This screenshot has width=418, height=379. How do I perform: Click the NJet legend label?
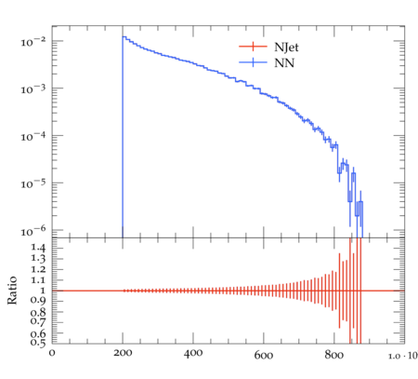tap(286, 47)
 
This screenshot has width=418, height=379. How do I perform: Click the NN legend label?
tap(284, 63)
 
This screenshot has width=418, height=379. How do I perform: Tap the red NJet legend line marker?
tap(253, 47)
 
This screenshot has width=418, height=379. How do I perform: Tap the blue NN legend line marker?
tap(253, 62)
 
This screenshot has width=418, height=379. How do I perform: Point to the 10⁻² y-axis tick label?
tap(33, 41)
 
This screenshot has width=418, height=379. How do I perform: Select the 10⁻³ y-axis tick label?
tap(33, 89)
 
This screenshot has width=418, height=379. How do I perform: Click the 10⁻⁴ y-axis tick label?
tap(33, 136)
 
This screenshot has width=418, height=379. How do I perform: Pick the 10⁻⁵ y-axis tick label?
tap(33, 183)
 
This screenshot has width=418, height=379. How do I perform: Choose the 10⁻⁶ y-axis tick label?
tap(33, 231)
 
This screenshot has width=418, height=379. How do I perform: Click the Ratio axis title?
tap(12, 291)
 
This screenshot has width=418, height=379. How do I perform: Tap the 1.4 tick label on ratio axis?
tap(38, 248)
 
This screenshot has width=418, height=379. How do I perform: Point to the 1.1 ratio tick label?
tap(38, 280)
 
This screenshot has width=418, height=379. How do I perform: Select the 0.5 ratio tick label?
tap(38, 342)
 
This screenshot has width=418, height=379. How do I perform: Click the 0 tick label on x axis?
tap(52, 353)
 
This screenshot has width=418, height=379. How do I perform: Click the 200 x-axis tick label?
tap(123, 353)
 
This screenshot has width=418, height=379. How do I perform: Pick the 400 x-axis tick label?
tap(193, 353)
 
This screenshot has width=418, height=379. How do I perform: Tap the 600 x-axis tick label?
tap(264, 355)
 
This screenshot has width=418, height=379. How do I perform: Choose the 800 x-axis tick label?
tap(334, 355)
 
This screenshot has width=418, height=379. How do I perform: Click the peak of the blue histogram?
tap(124, 36)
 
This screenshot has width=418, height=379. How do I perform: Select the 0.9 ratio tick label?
tap(38, 300)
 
